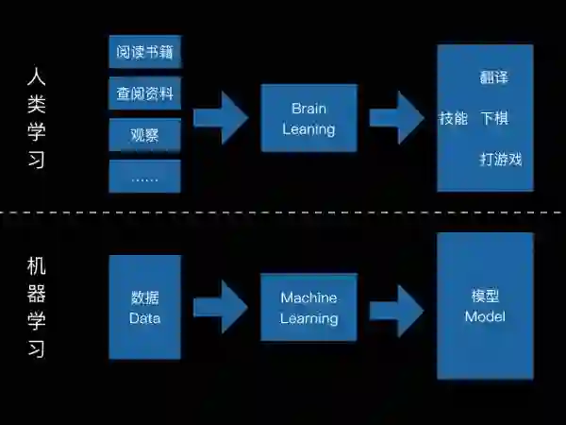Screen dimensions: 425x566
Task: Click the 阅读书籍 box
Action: point(144,52)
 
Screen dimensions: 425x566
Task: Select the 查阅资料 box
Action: point(144,93)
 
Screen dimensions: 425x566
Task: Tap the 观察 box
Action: point(144,135)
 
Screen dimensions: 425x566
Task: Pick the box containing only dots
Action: point(144,177)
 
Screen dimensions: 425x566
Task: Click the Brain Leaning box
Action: point(308,118)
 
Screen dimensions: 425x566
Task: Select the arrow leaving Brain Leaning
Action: point(396,118)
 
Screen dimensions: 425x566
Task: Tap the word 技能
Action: point(453,119)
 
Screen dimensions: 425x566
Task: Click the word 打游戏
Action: point(501,160)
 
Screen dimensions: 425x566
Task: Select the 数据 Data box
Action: point(144,307)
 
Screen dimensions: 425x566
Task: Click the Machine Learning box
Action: point(308,307)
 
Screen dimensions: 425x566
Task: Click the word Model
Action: point(485,316)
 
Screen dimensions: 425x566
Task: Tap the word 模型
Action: point(485,296)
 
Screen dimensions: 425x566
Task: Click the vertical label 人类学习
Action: point(36,118)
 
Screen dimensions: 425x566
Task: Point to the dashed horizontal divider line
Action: point(283,212)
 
